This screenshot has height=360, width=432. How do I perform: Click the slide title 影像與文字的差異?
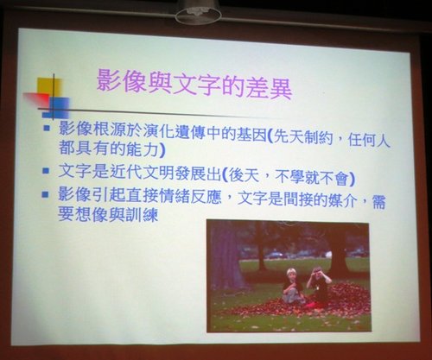click(x=194, y=84)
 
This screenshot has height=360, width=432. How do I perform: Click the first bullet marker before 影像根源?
click(x=47, y=128)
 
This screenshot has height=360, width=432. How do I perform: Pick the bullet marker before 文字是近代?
click(x=46, y=171)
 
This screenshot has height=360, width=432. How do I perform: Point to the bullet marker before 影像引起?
click(x=45, y=194)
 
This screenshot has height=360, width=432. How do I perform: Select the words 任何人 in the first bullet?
click(x=369, y=141)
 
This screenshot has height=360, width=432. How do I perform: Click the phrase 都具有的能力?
click(x=109, y=148)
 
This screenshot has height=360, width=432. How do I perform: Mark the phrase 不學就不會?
click(x=312, y=177)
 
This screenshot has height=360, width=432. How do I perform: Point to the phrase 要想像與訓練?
click(x=108, y=214)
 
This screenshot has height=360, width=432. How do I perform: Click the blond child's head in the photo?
click(x=291, y=274)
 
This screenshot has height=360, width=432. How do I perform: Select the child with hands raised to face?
click(x=318, y=287)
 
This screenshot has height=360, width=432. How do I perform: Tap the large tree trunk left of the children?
click(x=226, y=254)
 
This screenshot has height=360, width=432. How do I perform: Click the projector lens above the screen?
click(x=199, y=16)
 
